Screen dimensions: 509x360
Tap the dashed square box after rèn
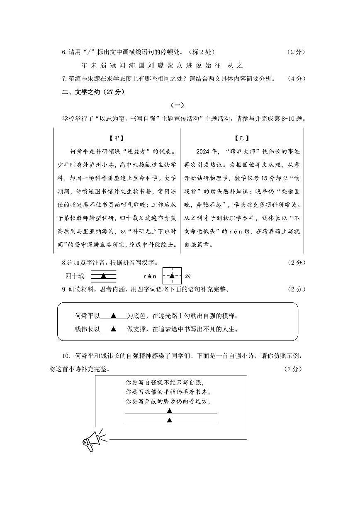(172, 276)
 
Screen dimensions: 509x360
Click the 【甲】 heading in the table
(117, 139)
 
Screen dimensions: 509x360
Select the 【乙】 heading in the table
(242, 139)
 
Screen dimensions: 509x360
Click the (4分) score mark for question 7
(296, 79)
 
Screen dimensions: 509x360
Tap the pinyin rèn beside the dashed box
(150, 276)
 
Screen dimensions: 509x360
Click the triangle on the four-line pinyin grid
(104, 276)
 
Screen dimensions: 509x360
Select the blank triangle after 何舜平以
(113, 316)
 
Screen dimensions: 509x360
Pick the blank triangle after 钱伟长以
(113, 329)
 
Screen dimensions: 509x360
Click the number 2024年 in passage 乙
(207, 151)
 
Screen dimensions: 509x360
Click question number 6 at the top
(64, 52)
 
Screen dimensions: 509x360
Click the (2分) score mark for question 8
(296, 263)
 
